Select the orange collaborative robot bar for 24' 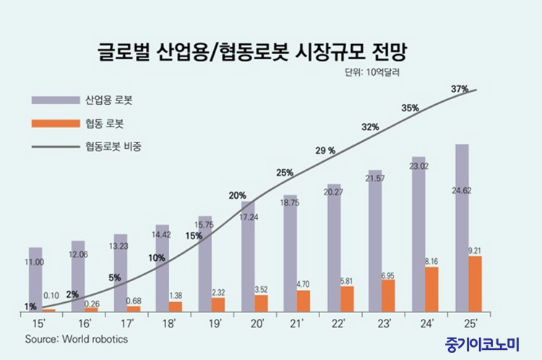[x=431, y=289]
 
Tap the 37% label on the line [x=460, y=89]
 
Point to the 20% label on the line [x=238, y=195]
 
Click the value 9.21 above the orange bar [x=474, y=251]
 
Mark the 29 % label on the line [x=325, y=151]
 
